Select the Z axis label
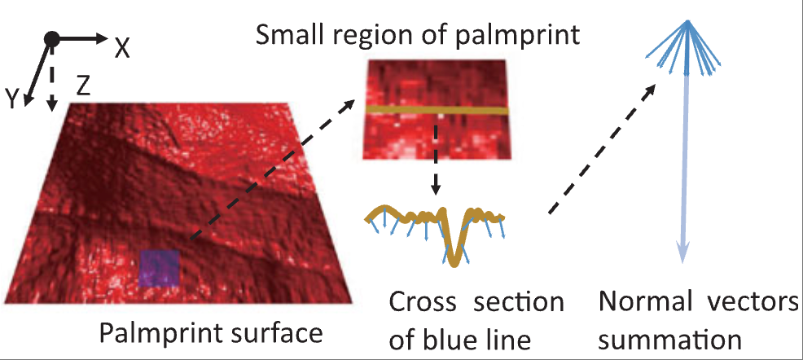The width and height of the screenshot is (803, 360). (x=83, y=88)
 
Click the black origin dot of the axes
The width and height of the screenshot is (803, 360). (x=51, y=38)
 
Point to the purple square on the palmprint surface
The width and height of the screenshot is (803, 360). (x=160, y=268)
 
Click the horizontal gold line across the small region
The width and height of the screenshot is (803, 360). (x=437, y=111)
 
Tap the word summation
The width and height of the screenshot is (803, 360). (x=671, y=340)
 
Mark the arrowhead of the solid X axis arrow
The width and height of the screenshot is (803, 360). (x=101, y=38)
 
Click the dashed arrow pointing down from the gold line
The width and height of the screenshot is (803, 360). (x=436, y=155)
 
